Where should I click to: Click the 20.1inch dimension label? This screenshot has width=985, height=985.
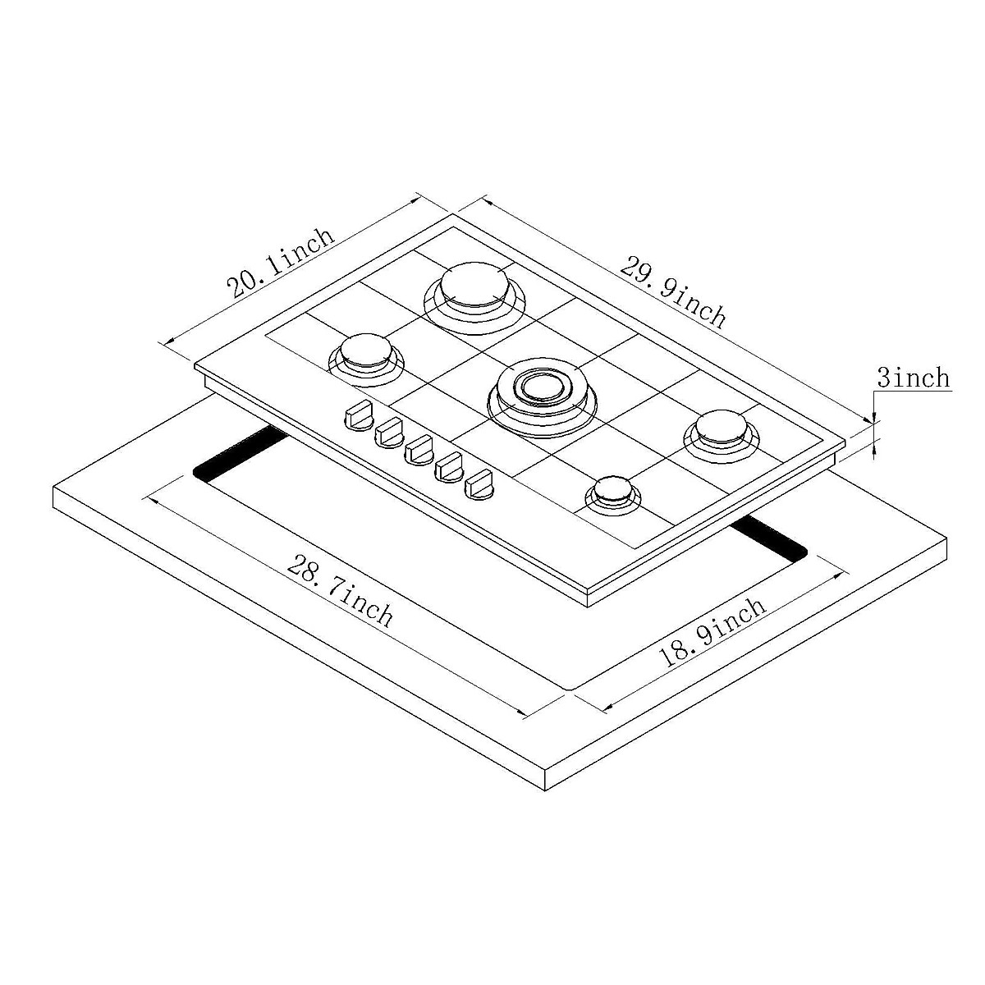(x=282, y=261)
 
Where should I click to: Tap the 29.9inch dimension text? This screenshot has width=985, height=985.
(x=673, y=291)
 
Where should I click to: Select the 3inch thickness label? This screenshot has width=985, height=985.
(x=913, y=378)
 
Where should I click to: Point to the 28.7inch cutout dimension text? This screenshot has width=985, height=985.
(x=341, y=589)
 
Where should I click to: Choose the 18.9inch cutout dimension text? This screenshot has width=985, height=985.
(x=712, y=630)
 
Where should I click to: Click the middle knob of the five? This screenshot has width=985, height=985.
(x=419, y=449)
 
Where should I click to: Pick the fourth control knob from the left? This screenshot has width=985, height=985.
(x=450, y=469)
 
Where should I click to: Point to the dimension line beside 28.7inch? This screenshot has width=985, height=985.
(x=337, y=607)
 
